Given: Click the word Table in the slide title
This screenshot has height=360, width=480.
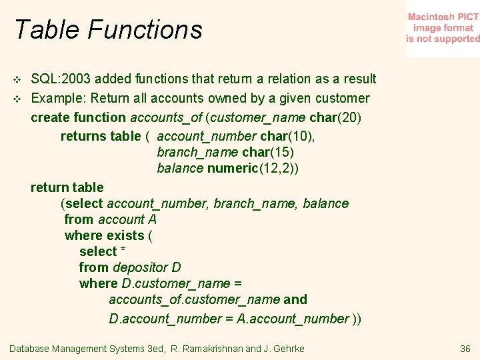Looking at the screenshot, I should pos(45,30).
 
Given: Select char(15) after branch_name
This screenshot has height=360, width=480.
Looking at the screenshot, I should pos(269,152).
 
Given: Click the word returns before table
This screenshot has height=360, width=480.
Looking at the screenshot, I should pos(82,136).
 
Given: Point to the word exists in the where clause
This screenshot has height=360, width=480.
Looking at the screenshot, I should pos(125,235).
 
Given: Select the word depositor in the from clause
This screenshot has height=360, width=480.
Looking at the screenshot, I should pos(140,267).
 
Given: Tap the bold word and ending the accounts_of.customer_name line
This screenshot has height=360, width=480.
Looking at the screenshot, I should pos(295,299).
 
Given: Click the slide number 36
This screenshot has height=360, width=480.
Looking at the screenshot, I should pos(465,349).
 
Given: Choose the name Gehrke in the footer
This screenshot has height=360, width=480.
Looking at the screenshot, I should pos(288,349).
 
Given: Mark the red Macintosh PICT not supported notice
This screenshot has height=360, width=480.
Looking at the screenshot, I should pos(443,28).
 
